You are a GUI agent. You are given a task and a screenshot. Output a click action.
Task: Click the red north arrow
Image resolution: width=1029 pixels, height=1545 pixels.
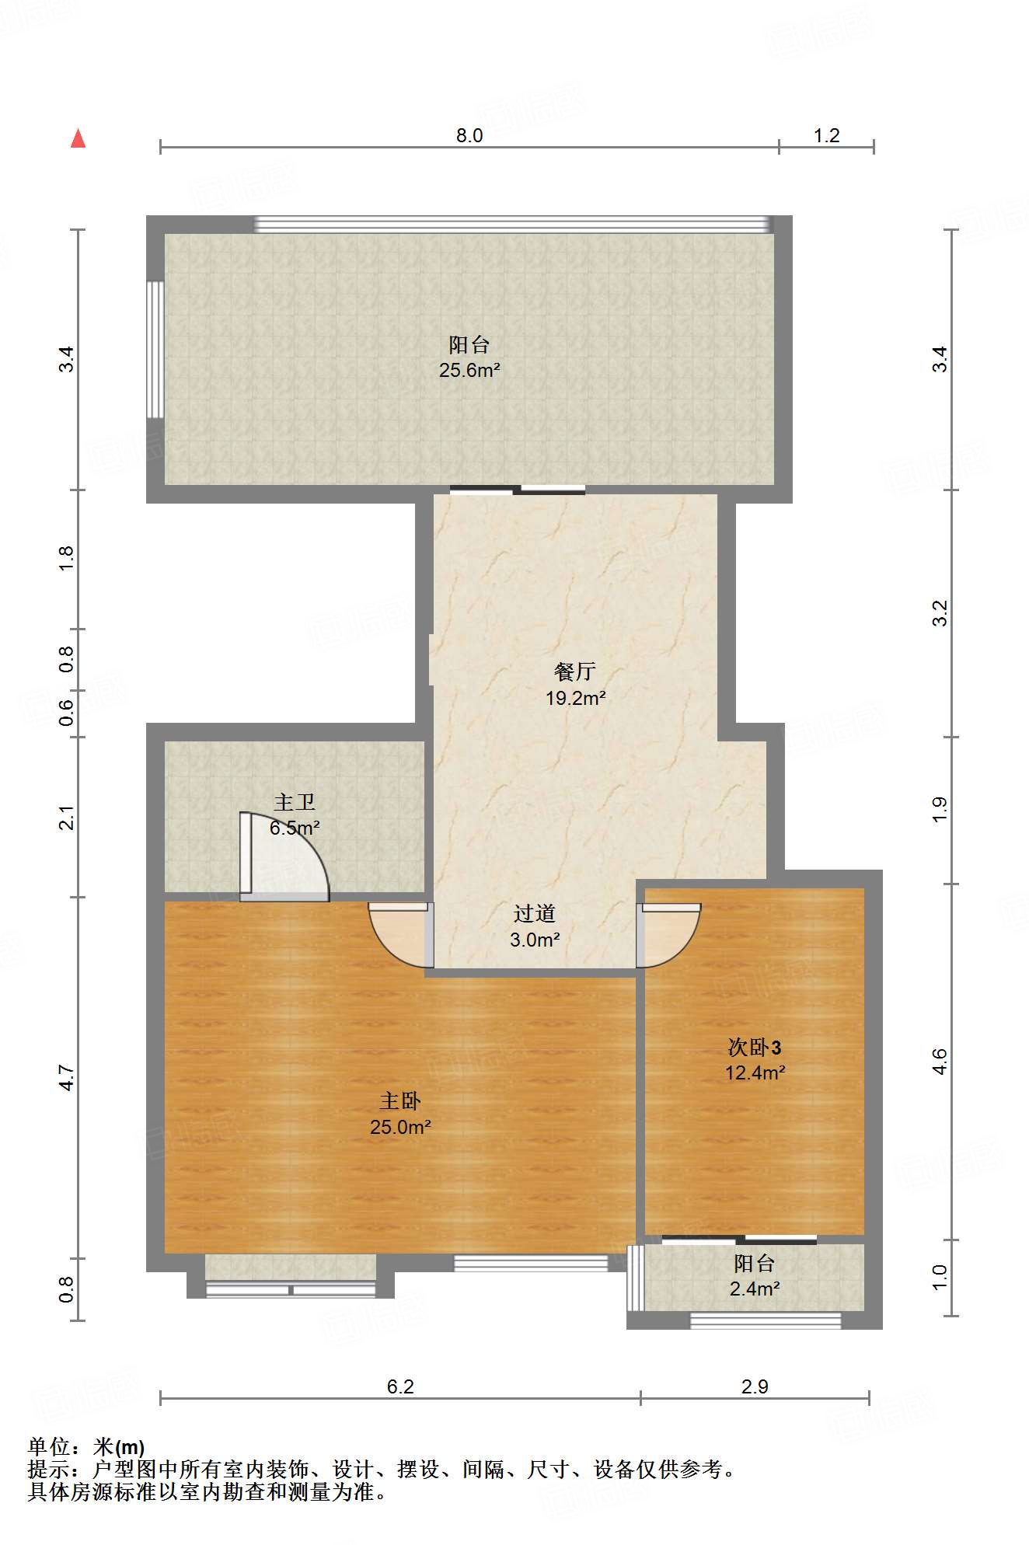click(78, 138)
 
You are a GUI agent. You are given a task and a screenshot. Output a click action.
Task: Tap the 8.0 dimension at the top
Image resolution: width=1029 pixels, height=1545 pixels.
click(469, 135)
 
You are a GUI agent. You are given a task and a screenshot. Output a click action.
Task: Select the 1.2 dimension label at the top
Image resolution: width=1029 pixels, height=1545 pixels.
click(826, 135)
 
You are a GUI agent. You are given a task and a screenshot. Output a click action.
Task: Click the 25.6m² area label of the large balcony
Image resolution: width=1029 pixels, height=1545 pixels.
click(469, 370)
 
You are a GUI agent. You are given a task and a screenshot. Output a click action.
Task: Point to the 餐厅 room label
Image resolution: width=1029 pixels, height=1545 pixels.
click(575, 671)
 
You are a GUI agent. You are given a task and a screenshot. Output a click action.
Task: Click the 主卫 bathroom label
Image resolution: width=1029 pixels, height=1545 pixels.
click(295, 801)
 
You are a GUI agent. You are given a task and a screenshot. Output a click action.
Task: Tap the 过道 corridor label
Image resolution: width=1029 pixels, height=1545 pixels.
click(535, 913)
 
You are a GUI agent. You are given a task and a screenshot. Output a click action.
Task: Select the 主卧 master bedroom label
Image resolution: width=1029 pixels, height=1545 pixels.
click(400, 1100)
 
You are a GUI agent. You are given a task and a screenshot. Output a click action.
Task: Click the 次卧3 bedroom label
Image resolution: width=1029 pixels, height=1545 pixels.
click(754, 1047)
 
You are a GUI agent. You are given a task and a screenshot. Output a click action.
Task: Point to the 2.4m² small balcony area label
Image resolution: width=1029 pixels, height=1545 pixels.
click(755, 1289)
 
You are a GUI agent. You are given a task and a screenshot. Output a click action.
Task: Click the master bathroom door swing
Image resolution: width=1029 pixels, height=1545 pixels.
click(284, 856)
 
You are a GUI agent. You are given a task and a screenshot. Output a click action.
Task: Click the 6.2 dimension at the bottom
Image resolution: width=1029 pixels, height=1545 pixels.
click(400, 1386)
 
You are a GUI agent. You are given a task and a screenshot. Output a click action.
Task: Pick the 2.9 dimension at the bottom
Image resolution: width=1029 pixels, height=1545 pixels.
click(755, 1386)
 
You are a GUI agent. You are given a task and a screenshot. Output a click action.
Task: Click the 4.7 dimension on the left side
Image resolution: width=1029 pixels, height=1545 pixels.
click(67, 1078)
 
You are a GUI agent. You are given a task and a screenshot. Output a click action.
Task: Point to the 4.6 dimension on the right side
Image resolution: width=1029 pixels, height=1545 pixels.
click(940, 1061)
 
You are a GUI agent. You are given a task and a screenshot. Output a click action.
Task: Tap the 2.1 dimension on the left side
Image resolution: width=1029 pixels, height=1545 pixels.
click(67, 818)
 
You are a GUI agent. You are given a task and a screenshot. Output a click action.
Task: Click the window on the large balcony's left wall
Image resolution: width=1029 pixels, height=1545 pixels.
click(155, 350)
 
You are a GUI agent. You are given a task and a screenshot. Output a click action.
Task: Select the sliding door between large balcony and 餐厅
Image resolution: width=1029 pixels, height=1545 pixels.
click(518, 490)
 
